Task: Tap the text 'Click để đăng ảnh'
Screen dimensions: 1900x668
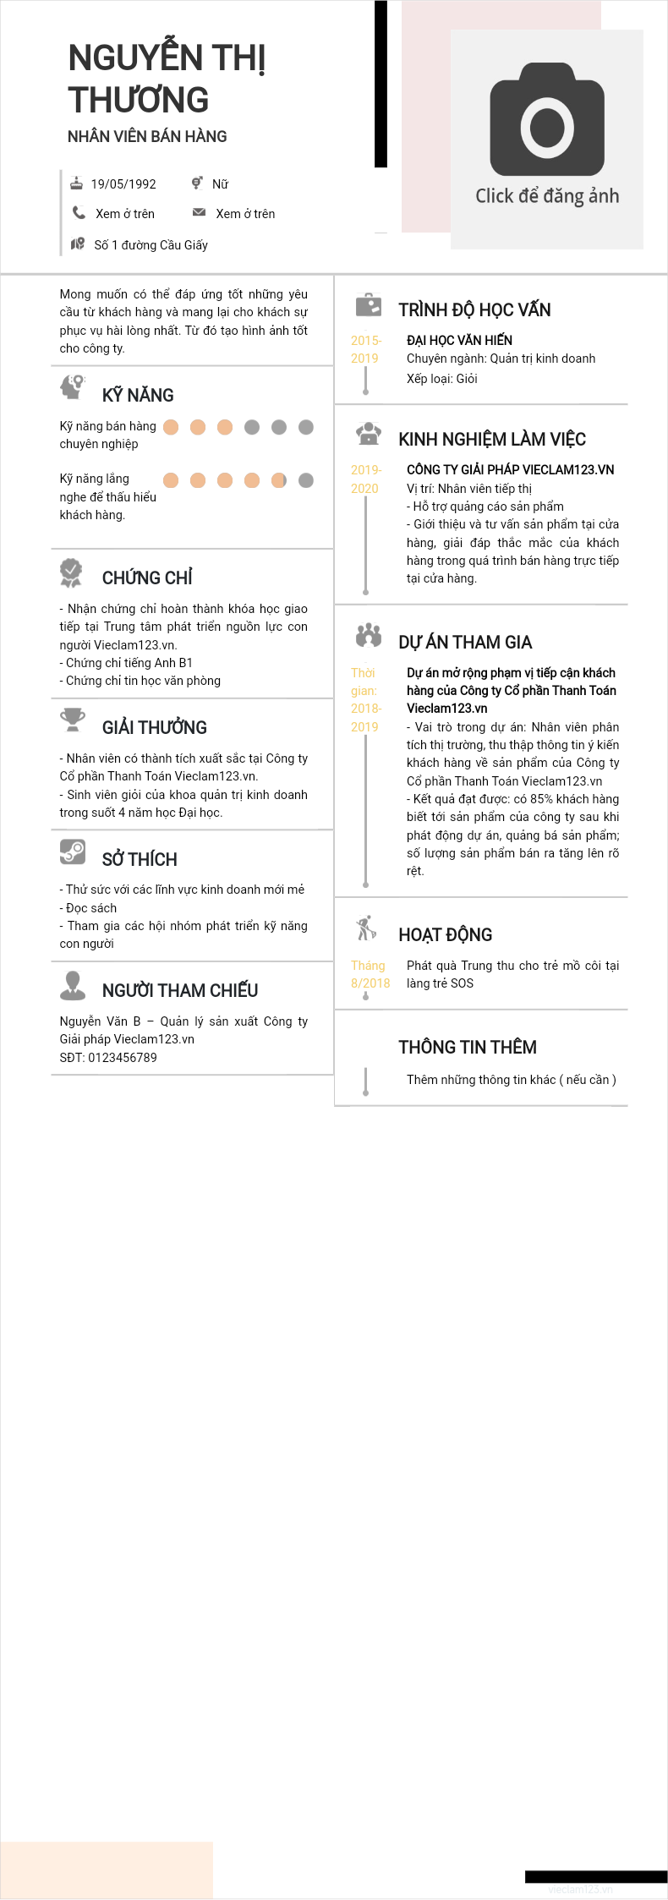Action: coord(547,196)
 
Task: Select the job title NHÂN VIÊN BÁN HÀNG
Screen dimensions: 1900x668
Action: coord(147,136)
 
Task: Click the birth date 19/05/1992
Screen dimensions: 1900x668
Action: coord(123,184)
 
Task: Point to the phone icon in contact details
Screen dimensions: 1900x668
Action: coord(79,213)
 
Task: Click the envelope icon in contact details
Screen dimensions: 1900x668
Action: coord(199,213)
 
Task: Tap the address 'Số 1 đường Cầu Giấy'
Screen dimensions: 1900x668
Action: coord(151,245)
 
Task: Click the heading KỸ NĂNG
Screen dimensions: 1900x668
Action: coord(138,396)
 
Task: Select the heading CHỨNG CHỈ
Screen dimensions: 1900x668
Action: coord(147,578)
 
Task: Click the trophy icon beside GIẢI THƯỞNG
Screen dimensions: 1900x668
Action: coord(73,720)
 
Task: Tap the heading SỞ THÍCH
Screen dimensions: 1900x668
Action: coord(140,860)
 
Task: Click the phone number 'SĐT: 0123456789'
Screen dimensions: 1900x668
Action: coord(108,1058)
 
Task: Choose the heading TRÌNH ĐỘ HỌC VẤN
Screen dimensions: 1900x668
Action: coord(474,310)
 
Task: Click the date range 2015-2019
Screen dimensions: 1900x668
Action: coord(365,349)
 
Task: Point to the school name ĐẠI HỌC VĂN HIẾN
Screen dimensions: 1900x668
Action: coord(459,341)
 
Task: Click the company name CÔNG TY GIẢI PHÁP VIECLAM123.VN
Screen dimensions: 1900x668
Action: coord(510,470)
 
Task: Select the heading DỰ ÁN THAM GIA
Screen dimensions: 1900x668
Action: coord(465,643)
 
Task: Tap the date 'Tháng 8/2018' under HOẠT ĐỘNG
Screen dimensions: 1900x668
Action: coord(370,974)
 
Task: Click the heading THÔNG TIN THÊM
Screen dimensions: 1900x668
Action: coord(468,1048)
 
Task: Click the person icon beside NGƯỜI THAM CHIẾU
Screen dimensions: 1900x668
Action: coord(73,984)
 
